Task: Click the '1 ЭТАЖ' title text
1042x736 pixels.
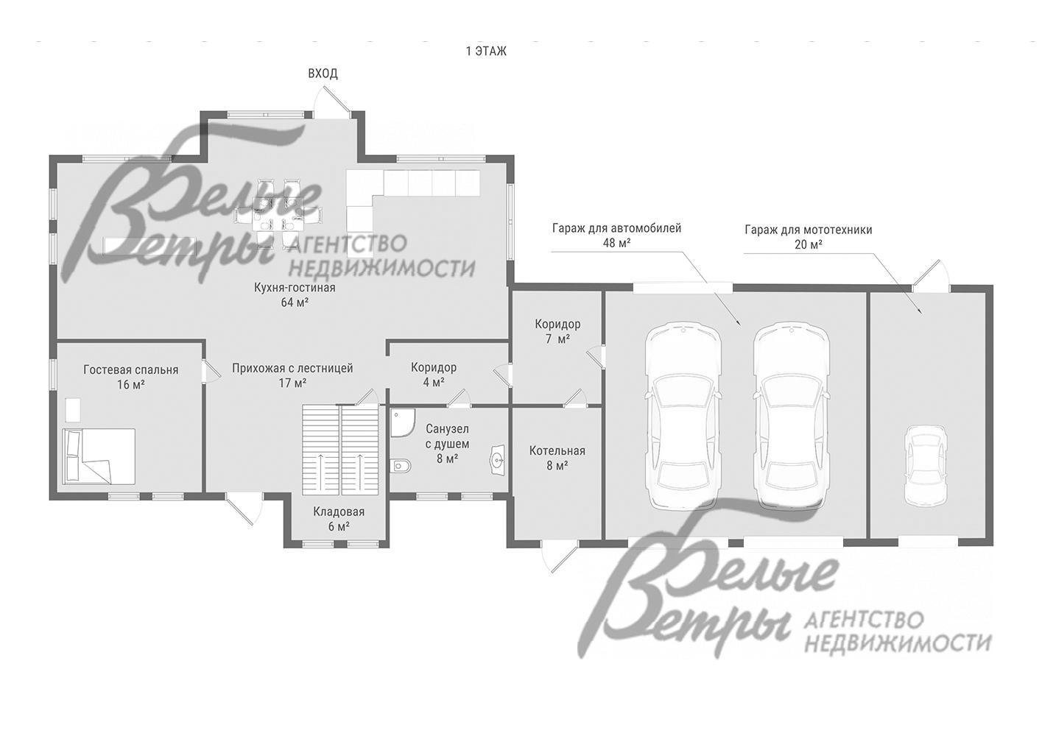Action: coord(486,51)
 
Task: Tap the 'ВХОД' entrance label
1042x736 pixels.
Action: coord(323,74)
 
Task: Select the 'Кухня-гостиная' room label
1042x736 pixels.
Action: coord(295,288)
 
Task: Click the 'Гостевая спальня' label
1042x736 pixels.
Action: coord(131,369)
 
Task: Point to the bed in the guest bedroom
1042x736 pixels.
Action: coord(99,456)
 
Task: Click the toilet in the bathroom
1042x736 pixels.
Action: coord(401,465)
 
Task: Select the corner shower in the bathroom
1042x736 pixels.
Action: coord(401,422)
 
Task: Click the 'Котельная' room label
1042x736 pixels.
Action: coord(557,450)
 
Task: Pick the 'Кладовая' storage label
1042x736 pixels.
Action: coord(339,512)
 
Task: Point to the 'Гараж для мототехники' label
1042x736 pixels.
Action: coord(809,230)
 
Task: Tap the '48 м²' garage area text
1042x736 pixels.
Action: coord(617,243)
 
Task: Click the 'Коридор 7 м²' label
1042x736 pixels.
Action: coord(557,331)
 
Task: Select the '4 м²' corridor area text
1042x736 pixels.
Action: coord(433,382)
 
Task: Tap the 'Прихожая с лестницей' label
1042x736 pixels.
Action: coord(292,368)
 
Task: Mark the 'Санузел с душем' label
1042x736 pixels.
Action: coord(447,436)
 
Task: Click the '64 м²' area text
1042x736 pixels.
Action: coord(295,302)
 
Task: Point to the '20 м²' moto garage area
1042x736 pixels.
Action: coord(809,244)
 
